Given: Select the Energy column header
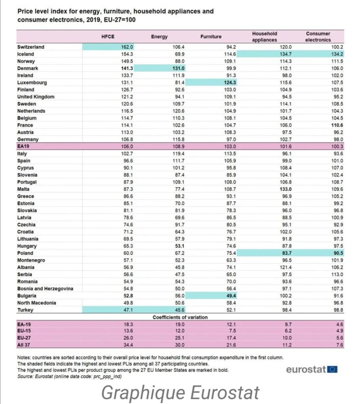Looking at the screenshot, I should tap(159, 37).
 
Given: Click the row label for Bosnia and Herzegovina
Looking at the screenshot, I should tap(45, 288).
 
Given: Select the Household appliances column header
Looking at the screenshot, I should tap(265, 37).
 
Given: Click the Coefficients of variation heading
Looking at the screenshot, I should tap(180, 317).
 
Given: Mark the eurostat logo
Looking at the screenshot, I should tap(312, 370).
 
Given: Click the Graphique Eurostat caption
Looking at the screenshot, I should tap(180, 393).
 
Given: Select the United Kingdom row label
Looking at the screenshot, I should tap(36, 97).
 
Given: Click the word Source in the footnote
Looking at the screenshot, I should tap(25, 376).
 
